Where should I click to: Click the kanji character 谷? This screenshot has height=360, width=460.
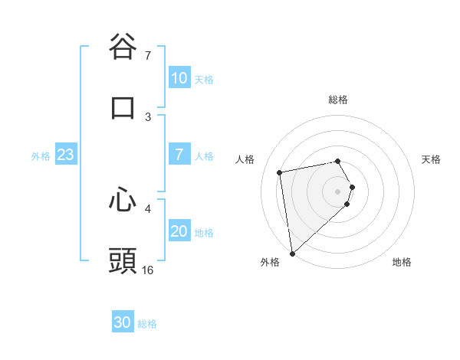coord(123,46)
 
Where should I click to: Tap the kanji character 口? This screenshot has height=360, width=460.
coord(123,107)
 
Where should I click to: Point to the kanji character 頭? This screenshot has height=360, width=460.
coord(123,260)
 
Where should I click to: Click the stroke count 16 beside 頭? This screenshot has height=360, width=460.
coord(148,270)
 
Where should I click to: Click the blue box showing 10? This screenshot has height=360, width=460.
coord(179,78)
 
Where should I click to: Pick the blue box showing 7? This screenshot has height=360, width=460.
coord(179,155)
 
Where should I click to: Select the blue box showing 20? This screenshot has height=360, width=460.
coord(179,231)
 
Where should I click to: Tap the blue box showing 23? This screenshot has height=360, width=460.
coord(65,155)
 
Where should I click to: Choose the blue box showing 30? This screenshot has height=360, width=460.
coord(123,322)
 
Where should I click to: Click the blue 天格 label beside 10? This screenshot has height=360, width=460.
coord(204,79)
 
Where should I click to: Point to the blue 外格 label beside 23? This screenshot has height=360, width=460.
coord(41,155)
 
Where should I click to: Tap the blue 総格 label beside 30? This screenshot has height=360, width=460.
coord(147,323)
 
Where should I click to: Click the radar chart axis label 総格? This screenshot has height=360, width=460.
coord(338,100)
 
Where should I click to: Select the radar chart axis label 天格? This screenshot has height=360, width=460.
coord(432,159)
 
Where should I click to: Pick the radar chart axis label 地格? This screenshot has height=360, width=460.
coord(402,262)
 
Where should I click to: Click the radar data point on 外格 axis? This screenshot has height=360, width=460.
coord(292,253)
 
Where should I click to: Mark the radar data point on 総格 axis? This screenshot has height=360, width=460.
coord(338,161)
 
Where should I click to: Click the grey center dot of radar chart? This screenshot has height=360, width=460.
coord(338,190)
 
